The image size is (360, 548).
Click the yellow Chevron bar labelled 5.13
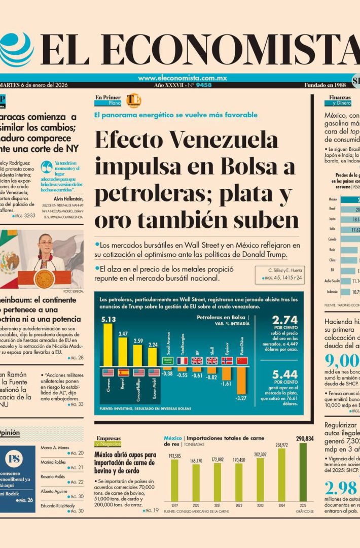(x=107, y=345)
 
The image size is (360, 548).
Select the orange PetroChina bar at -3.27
(x=241, y=380)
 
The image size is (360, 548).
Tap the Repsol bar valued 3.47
(x=123, y=352)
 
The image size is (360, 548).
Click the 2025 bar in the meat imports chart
(x=303, y=472)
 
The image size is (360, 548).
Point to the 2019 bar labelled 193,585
(x=174, y=480)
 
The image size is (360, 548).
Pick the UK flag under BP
(x=197, y=361)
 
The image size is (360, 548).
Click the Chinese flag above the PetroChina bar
(x=242, y=361)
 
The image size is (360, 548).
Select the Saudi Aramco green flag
(x=168, y=361)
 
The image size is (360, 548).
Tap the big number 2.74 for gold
(x=284, y=320)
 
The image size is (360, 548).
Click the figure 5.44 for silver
(x=284, y=374)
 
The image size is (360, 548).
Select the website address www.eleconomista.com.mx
(x=182, y=78)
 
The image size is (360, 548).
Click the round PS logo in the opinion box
(x=14, y=459)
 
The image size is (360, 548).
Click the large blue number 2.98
(x=341, y=488)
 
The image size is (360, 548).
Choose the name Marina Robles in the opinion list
(x=53, y=462)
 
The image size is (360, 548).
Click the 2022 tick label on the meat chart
(x=239, y=505)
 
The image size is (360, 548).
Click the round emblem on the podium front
(x=44, y=278)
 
